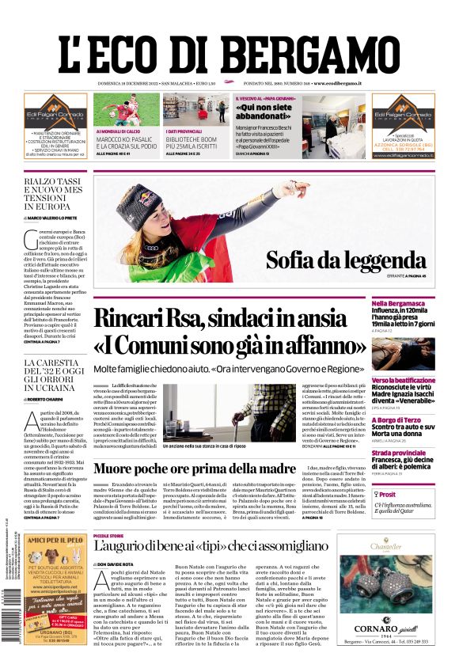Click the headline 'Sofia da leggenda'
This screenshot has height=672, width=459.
tap(345, 260)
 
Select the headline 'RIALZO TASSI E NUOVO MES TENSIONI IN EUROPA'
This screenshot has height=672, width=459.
tap(52, 193)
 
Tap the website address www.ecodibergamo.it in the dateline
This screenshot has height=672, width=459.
tap(337, 82)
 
